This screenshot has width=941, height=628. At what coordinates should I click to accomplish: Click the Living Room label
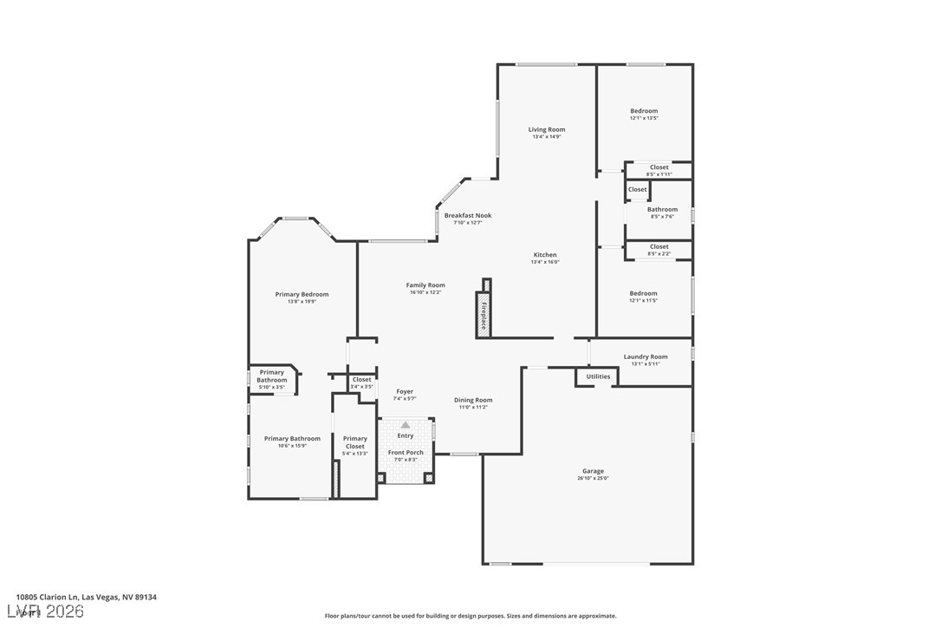547,129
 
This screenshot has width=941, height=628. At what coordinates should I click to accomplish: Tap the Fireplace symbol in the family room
483,314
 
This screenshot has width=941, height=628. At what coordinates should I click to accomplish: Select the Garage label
593,471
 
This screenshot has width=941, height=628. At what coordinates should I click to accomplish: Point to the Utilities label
598,376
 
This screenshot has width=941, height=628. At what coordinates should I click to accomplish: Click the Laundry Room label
646,357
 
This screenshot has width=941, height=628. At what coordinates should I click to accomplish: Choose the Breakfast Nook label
468,215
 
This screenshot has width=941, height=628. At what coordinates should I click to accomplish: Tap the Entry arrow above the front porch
405,425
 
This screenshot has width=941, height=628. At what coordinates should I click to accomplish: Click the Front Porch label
406,453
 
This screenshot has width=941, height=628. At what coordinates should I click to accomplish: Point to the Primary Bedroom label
302,294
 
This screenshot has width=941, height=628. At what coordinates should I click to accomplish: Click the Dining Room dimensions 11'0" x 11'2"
473,408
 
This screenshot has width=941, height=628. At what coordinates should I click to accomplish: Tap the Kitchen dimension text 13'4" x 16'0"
545,262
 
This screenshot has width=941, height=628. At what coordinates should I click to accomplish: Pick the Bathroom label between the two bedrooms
662,209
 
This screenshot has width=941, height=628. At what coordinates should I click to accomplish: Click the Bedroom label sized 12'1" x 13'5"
644,111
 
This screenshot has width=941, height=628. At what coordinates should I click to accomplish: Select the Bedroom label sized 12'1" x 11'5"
643,293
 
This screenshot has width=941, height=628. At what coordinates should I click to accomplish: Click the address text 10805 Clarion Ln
86,597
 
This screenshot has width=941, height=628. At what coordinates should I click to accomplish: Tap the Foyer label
404,391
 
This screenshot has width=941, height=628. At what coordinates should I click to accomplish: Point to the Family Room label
425,285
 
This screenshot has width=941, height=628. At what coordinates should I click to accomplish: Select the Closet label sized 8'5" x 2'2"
659,246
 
